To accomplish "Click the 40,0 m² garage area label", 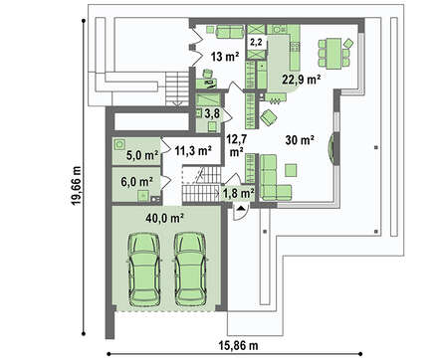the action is coord(165,218).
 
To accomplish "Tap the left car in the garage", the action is coord(143,270).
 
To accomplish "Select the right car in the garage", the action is coord(190,270).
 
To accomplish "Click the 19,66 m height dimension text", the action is coord(77,185).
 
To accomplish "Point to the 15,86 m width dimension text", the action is coord(238,346).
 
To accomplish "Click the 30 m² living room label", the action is coord(300,140).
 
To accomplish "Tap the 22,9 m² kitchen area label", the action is coord(302,80).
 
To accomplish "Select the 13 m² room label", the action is coord(225,57).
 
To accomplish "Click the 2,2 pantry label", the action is coord(256,42).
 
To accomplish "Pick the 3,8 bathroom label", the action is coord(212,114).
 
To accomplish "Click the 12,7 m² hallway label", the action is coord(236,145).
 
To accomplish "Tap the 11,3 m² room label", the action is coord(193,151).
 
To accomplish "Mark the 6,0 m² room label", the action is coord(136,181).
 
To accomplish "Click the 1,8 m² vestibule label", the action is coord(239,193).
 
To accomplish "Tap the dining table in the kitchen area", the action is coord(333,54).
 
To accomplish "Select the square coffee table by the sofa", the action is coord(291,170).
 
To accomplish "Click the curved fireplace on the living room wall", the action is coord(331,148).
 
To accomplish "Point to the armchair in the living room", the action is coord(269,117).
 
